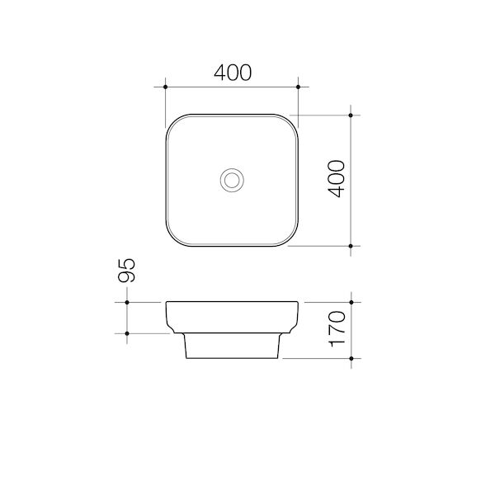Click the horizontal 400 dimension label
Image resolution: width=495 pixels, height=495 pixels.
point(232,73)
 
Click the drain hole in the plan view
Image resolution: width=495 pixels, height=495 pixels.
point(232,180)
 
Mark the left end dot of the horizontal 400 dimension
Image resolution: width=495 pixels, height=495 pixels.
point(166,86)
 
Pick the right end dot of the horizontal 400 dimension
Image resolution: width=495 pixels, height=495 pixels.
point(298,86)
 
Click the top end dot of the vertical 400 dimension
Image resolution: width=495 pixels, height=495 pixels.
point(351,115)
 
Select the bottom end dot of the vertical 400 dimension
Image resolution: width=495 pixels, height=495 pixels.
point(351,246)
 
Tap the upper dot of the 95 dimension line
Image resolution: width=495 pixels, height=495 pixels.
point(127,303)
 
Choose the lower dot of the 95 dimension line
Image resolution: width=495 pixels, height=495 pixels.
point(127,333)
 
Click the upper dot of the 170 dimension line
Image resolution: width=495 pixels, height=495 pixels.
point(351,303)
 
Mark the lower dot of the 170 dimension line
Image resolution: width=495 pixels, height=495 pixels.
point(351,360)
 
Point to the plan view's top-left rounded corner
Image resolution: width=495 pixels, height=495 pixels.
point(175,123)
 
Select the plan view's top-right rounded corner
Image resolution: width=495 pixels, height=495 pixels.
point(289,123)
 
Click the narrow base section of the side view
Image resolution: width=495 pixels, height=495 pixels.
point(232,348)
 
